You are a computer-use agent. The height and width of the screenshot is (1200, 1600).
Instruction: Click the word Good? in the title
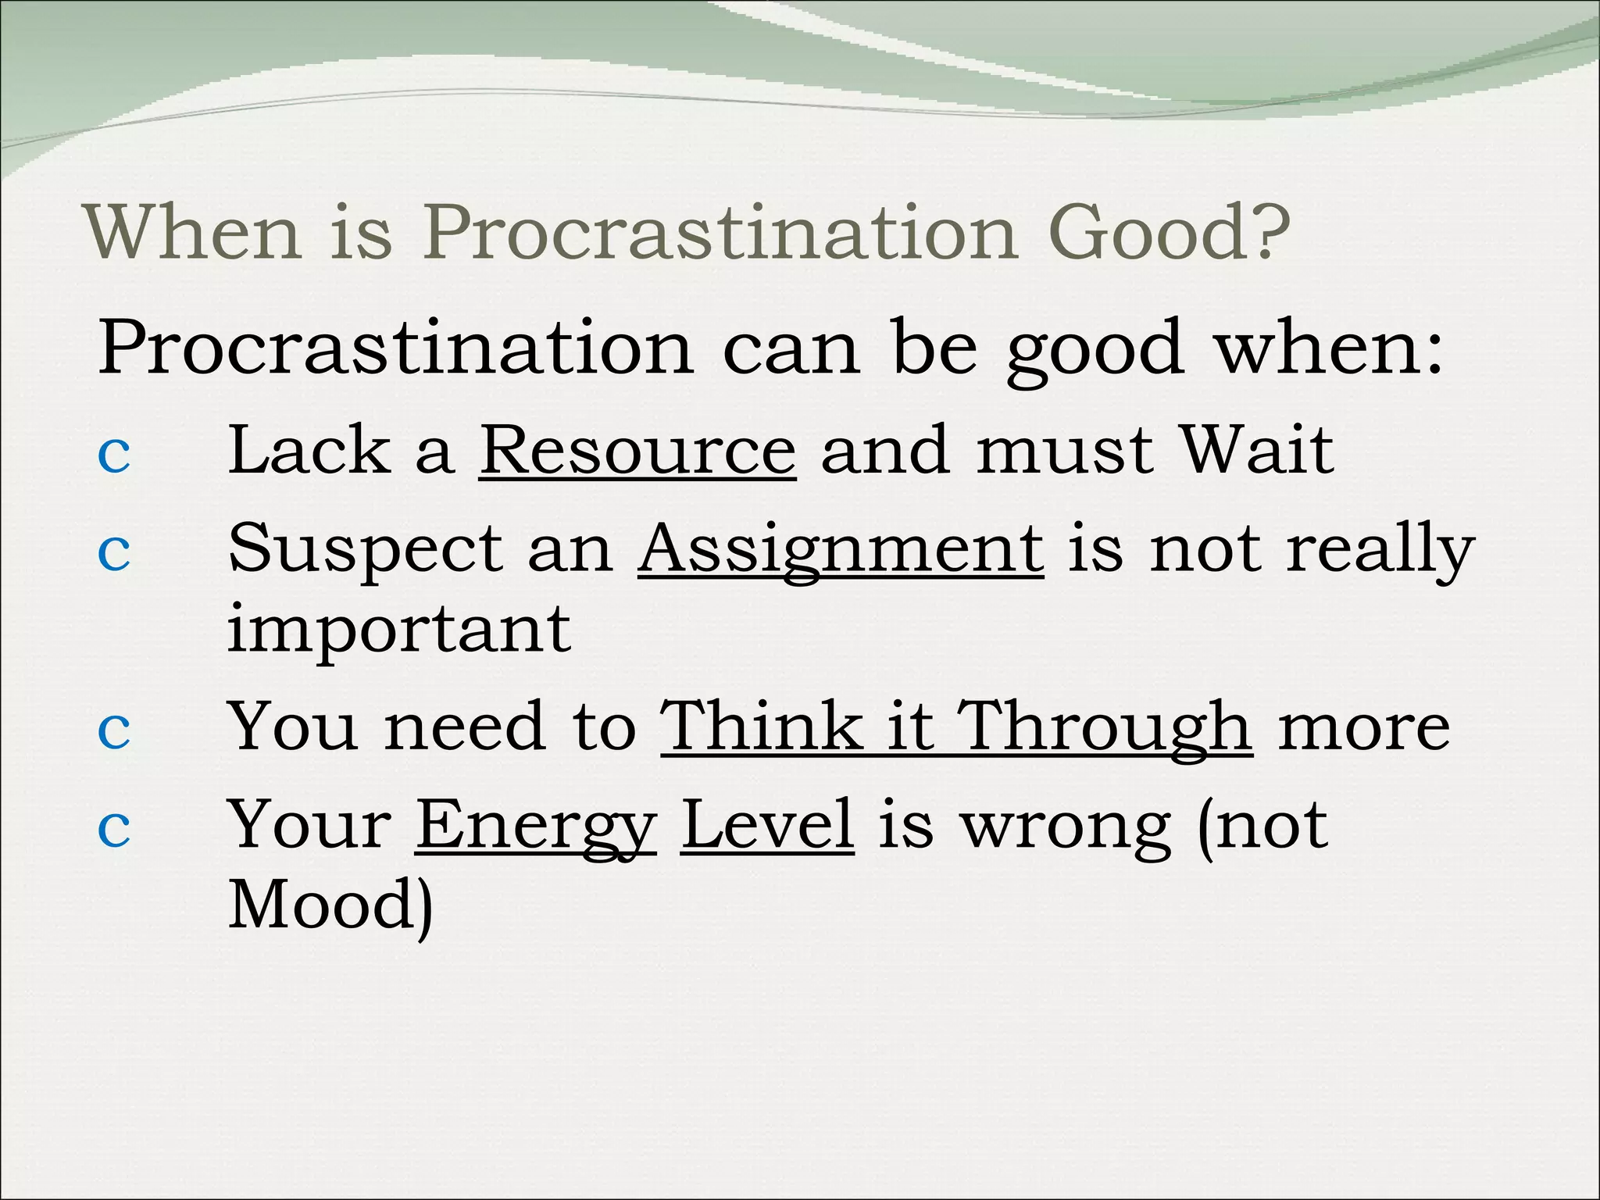click(1169, 232)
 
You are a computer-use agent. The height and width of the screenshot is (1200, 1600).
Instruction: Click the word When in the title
click(192, 232)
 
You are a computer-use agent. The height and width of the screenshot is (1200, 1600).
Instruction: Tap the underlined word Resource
click(637, 451)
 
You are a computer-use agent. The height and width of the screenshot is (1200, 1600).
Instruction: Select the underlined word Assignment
click(841, 549)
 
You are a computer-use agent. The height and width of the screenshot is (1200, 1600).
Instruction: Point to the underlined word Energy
click(535, 827)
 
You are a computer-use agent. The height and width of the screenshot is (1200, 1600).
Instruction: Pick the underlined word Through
click(1105, 727)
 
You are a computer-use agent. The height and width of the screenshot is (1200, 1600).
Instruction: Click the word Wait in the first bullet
click(1256, 451)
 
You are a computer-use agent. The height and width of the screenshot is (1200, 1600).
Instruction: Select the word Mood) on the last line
click(330, 905)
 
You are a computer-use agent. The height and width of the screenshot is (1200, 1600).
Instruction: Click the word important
click(399, 630)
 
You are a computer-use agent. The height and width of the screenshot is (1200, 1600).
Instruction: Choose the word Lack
click(309, 451)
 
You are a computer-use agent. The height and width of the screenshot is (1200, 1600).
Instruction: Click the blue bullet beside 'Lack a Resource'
click(114, 455)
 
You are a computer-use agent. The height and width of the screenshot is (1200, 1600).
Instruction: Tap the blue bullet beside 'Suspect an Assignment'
click(114, 553)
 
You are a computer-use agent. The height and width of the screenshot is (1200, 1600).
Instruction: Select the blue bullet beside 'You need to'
click(114, 730)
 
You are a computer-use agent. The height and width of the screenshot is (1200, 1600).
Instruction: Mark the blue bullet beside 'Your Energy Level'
click(114, 829)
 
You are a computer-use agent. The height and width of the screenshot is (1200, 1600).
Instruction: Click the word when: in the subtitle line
click(1328, 348)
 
